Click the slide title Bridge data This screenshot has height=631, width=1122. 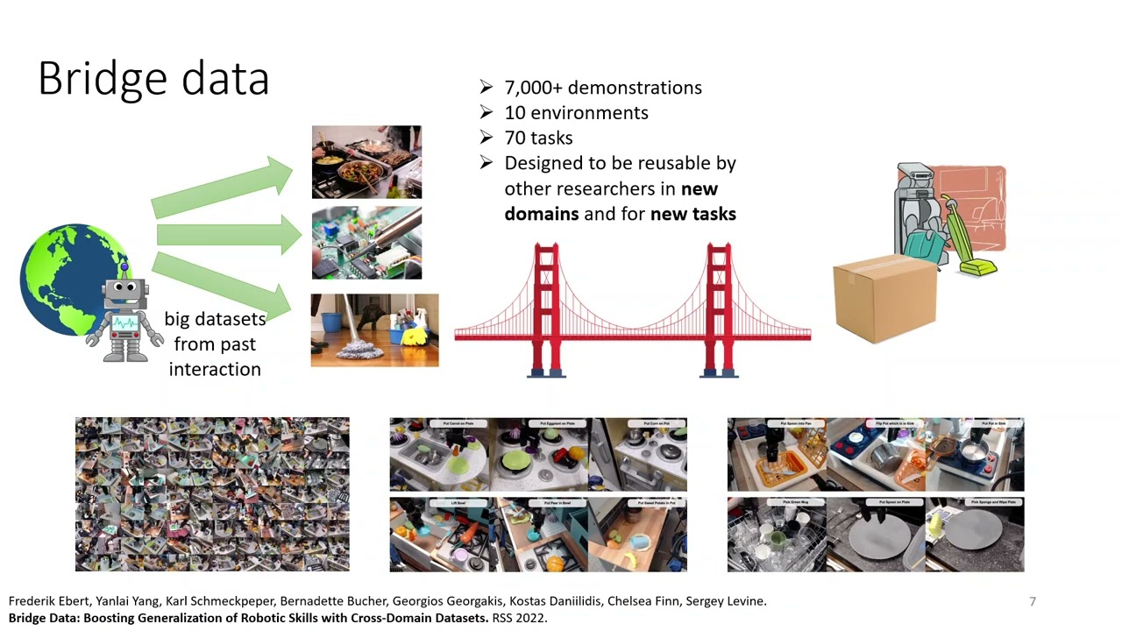153,79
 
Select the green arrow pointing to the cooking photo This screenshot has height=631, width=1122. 224,187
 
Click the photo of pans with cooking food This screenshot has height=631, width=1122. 366,162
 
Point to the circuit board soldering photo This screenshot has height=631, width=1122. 366,243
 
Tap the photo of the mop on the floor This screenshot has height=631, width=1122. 374,330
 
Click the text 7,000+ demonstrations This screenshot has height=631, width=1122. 602,88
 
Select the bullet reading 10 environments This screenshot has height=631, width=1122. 576,113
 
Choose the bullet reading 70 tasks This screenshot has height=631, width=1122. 538,138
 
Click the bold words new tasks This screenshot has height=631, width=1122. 692,213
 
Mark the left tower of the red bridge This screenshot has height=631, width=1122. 546,307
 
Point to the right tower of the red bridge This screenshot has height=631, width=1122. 719,307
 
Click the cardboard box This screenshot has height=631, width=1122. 884,298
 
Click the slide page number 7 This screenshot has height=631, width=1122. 1033,601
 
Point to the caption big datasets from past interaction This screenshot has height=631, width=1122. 215,344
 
